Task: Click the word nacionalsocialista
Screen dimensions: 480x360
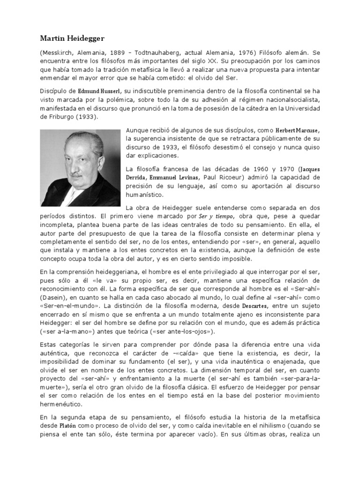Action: click(292, 99)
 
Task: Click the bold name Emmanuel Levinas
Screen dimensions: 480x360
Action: click(182, 177)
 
